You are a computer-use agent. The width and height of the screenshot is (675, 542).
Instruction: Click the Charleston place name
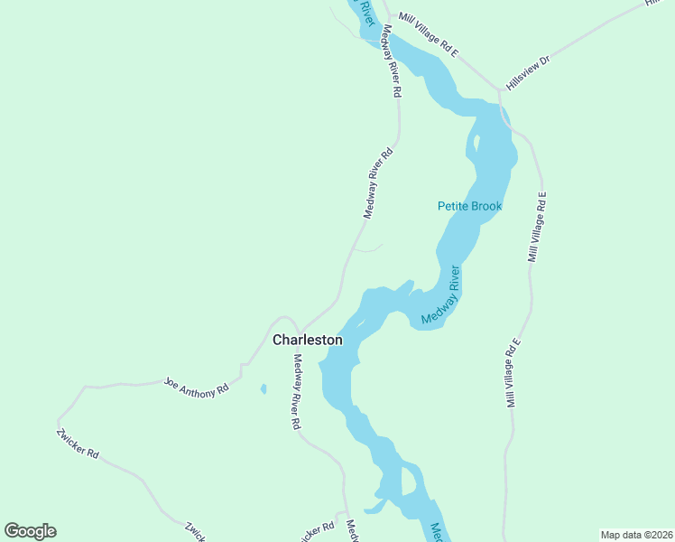point(308,341)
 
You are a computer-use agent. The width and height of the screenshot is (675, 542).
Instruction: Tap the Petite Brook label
point(469,207)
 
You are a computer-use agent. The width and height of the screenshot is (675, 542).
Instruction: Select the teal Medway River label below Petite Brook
point(441,296)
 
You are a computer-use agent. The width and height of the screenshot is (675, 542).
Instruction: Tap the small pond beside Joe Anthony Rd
point(264,389)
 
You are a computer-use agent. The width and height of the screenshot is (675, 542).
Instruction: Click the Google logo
point(31,531)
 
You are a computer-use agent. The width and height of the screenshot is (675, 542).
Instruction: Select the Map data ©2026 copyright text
point(636,534)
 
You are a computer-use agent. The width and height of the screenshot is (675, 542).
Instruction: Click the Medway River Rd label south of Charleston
point(296,391)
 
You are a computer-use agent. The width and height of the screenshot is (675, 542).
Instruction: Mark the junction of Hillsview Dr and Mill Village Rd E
point(498,91)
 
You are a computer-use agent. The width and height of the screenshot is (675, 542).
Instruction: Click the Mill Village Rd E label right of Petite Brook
point(538,227)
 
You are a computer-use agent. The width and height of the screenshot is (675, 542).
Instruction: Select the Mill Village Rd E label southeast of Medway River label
point(513,373)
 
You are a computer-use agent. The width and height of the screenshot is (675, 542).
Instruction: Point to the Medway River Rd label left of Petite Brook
point(379,184)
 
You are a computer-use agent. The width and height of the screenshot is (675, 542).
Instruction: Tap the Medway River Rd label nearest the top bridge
point(392,61)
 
